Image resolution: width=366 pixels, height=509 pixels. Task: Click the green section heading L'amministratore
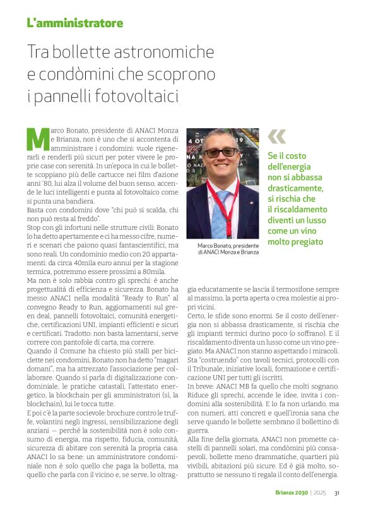[x=74, y=23]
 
